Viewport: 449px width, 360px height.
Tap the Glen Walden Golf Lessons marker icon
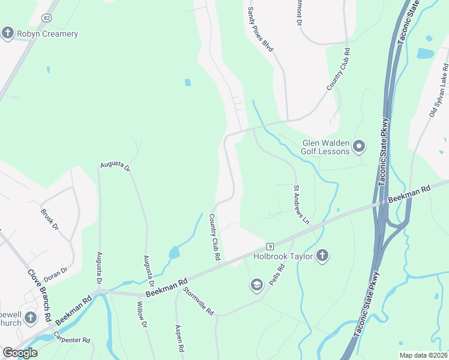tap(359, 146)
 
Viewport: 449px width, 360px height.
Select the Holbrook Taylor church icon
tap(322, 256)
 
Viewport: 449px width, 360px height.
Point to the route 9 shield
tap(271, 246)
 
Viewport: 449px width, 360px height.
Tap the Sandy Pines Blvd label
tap(260, 29)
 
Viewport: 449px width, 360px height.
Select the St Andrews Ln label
tap(301, 205)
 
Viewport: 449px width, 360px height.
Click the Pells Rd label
tap(277, 273)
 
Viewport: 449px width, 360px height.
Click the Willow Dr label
tap(142, 316)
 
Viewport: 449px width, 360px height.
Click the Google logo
tap(20, 353)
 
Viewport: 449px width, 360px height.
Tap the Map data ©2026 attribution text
tap(423, 355)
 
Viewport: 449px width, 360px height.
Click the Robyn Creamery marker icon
tap(8, 32)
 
